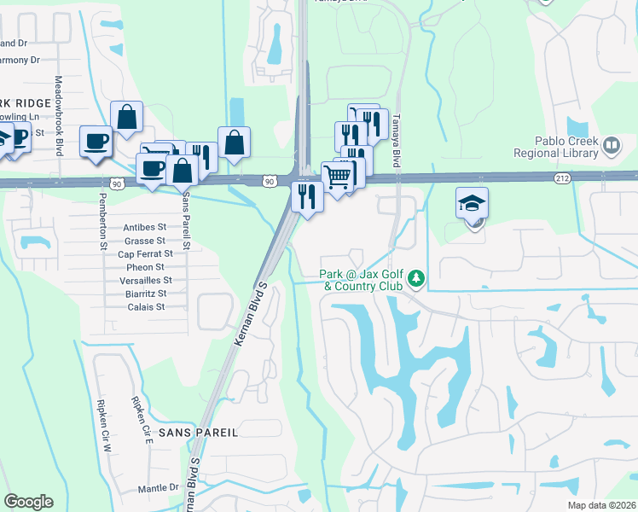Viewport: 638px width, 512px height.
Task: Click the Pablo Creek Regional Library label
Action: tap(555, 147)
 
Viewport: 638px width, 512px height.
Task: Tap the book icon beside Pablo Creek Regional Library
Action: tap(611, 147)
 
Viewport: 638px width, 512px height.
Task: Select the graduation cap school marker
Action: tap(472, 205)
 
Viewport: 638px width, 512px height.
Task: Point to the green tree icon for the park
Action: tap(416, 279)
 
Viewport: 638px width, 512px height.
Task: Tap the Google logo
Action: tap(28, 501)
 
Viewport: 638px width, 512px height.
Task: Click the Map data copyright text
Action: tap(602, 505)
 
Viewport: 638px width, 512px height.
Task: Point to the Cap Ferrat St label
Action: tap(145, 253)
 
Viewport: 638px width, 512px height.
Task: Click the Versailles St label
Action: tap(144, 280)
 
